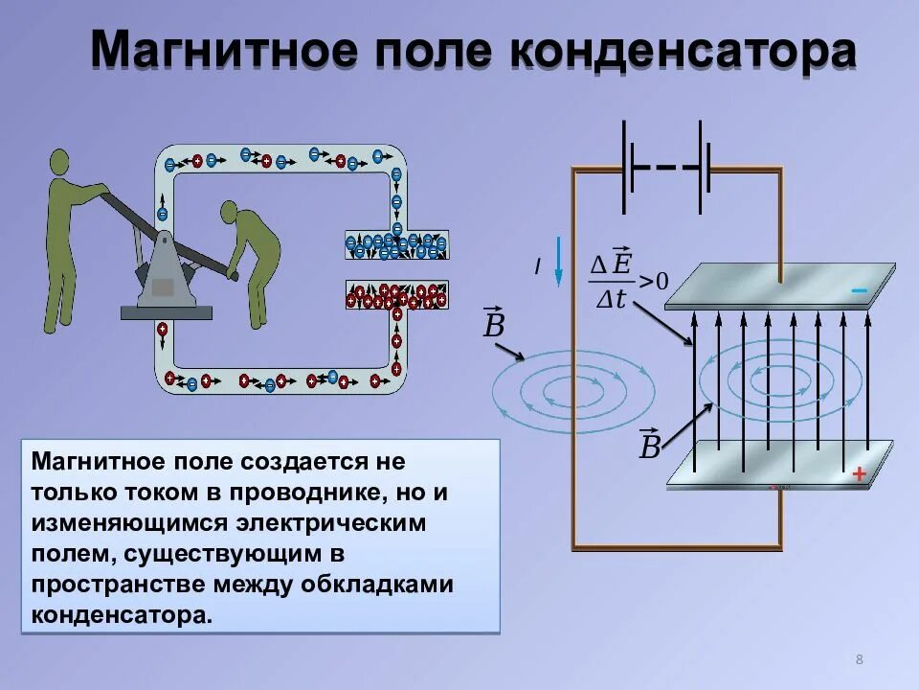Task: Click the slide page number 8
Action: [859, 658]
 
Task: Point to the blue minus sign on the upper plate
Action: [859, 290]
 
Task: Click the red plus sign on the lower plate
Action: [859, 473]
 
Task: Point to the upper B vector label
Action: [494, 324]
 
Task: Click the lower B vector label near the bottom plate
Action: [650, 445]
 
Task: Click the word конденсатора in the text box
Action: [119, 615]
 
